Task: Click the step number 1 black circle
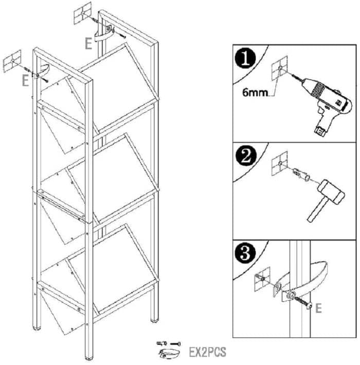coord(245,58)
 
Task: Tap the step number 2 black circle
coord(246,155)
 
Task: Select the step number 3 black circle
coord(245,253)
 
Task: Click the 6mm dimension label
coord(255,93)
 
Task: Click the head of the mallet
coord(331,192)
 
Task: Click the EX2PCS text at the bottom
coord(207,352)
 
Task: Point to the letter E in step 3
coord(318,308)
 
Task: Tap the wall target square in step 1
coord(280,68)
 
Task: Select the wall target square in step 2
coord(280,163)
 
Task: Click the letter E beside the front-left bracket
coord(25,81)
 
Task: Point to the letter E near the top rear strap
coord(88,44)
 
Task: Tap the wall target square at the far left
coord(12,61)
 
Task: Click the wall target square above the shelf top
coord(83,13)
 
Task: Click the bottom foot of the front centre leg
coord(88,358)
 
